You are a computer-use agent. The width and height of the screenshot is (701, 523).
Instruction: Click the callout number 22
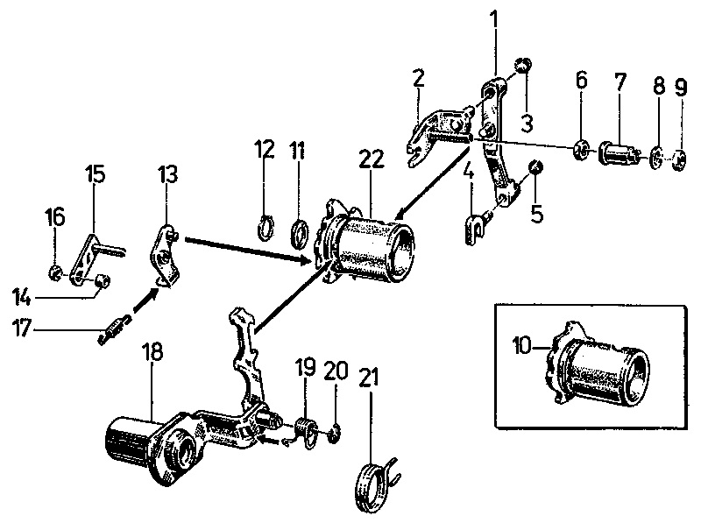370,160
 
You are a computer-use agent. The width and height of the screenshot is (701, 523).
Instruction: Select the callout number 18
153,353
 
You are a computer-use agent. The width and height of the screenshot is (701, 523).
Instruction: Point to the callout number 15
95,173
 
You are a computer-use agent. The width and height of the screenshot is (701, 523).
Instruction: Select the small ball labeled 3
523,65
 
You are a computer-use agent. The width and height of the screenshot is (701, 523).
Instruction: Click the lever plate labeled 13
168,256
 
